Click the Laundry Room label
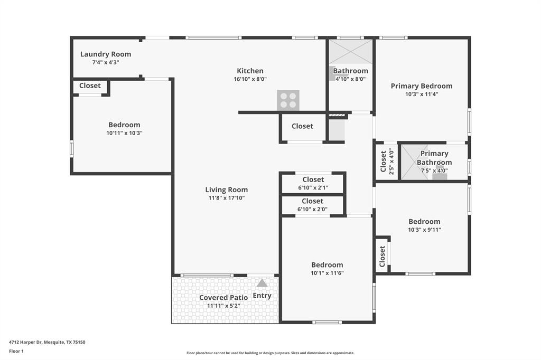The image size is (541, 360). (106, 54)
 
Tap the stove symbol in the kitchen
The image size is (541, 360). (288, 100)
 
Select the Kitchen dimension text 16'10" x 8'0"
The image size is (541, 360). (250, 79)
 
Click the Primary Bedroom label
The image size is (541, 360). (422, 86)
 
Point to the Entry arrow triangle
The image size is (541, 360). (262, 283)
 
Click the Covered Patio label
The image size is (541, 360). (223, 298)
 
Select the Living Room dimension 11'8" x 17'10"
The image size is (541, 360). (227, 198)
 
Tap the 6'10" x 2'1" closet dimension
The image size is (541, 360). (313, 188)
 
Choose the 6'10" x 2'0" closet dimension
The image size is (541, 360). (313, 209)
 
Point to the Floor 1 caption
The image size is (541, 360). (17, 350)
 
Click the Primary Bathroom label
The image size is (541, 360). (434, 158)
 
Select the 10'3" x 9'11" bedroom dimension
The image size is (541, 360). (424, 230)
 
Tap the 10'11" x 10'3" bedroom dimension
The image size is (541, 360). (124, 133)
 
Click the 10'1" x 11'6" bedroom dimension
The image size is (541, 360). (327, 273)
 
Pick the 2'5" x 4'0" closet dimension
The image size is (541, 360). (391, 161)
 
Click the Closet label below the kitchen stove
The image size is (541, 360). (302, 126)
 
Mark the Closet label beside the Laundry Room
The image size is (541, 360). (90, 86)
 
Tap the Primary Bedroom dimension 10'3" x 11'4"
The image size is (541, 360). (422, 94)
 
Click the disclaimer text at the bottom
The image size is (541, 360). (270, 353)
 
